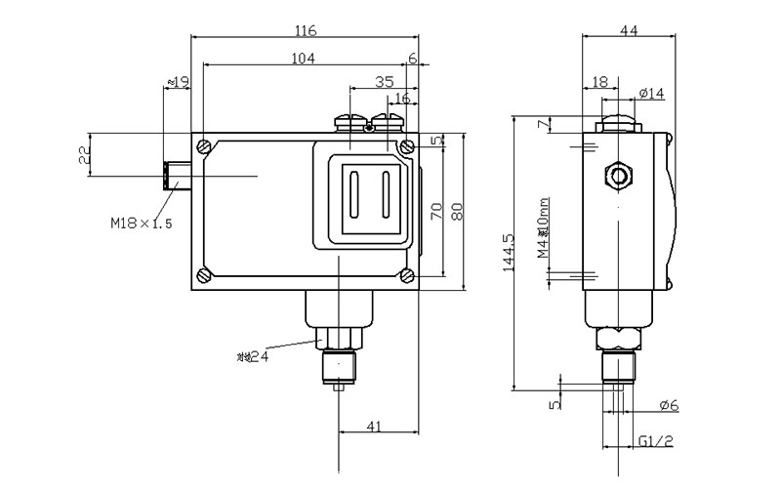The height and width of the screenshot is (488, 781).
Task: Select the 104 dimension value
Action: (304, 59)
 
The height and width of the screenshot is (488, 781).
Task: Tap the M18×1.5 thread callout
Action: (141, 224)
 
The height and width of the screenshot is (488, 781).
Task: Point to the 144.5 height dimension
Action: (508, 257)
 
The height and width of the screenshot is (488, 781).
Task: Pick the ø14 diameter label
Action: (652, 93)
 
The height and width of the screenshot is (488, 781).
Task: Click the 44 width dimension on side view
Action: (629, 31)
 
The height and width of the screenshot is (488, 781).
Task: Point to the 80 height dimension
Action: (457, 211)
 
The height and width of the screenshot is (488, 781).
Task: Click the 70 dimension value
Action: (436, 211)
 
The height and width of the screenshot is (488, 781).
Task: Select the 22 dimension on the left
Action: (84, 154)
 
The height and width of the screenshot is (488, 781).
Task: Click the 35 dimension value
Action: (383, 82)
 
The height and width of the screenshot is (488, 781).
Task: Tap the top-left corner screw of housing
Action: (203, 146)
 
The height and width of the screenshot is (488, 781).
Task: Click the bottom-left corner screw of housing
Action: (203, 274)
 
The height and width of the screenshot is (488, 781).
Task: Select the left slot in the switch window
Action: (354, 193)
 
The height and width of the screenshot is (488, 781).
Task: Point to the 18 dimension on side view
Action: (598, 83)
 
